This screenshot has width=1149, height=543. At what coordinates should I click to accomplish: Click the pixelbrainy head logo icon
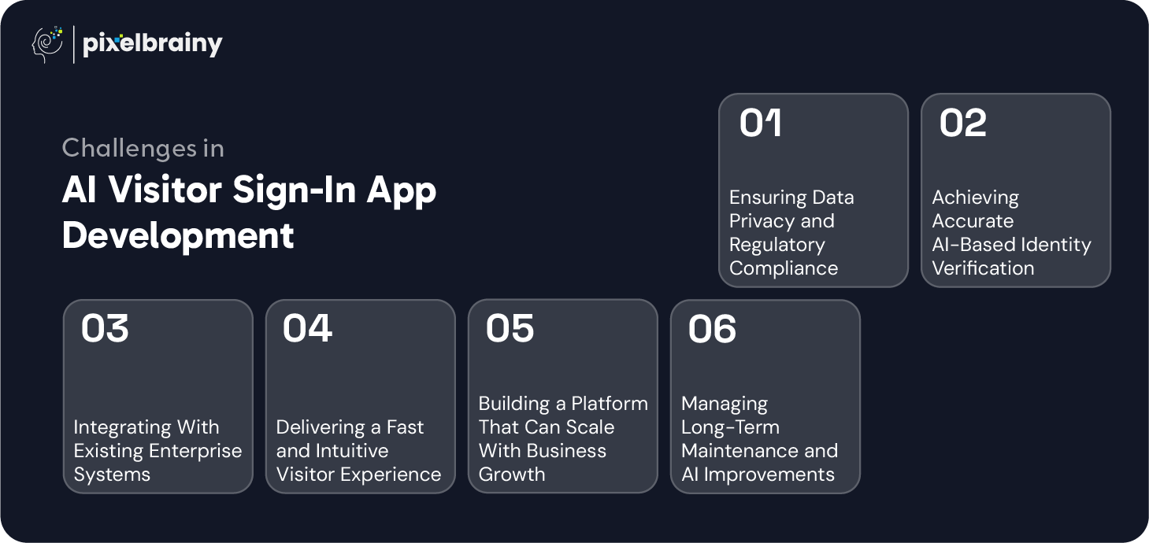47,45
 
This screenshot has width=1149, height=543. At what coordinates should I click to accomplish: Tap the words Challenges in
143,148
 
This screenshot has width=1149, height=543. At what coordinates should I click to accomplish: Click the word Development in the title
178,235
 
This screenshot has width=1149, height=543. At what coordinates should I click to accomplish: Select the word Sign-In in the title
294,190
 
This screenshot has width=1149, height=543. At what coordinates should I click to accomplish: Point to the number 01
760,123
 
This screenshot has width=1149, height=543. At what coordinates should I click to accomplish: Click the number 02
963,123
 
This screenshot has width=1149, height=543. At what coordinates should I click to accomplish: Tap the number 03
105,329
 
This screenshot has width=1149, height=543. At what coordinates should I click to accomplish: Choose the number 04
307,329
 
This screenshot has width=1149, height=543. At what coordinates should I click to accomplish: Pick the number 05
510,329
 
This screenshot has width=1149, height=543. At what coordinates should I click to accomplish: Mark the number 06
712,329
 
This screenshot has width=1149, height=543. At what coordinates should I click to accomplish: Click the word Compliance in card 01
784,268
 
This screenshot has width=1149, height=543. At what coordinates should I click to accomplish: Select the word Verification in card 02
983,268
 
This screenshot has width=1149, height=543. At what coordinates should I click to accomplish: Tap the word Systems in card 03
112,475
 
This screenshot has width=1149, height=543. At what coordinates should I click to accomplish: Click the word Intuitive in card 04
352,451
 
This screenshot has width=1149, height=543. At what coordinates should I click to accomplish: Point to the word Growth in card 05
512,475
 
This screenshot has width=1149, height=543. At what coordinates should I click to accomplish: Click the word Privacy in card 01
757,221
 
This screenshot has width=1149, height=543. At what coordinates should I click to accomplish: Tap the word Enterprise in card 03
196,451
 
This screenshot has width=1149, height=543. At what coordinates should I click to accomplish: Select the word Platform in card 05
610,404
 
